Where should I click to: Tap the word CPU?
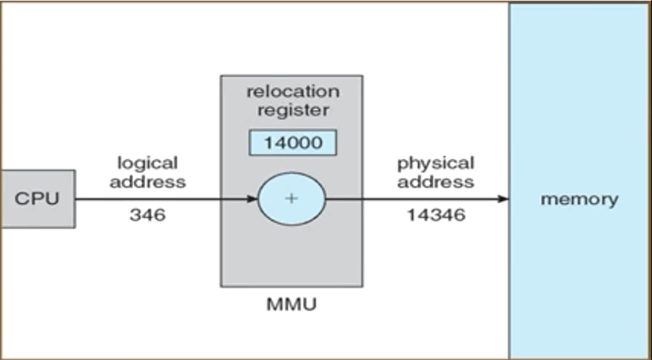pos(38,199)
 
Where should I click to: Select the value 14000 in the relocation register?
pos(292,144)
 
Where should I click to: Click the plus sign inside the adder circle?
pos(292,199)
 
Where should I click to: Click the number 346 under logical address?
pos(147,215)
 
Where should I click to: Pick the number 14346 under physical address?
pos(436,215)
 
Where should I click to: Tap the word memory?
pos(579,199)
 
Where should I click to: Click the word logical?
pos(147,164)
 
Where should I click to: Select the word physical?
pos(436,164)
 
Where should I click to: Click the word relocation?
pos(292,92)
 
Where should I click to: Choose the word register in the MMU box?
pos(292,110)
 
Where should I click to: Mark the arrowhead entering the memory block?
pos(504,199)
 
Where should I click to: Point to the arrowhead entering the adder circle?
pos(252,199)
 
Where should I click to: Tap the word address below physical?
pos(435,182)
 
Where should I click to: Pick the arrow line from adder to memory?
pos(415,199)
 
